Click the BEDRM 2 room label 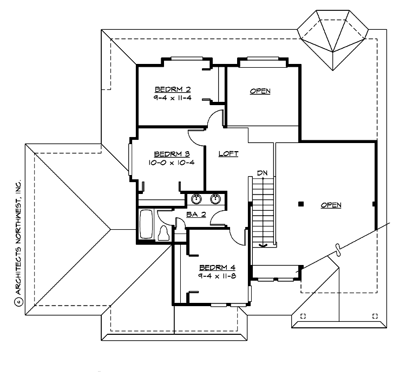172,89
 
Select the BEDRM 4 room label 217,267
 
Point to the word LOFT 228,154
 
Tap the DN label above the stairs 263,173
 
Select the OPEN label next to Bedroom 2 260,91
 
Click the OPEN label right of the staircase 331,205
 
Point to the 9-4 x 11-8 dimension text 217,276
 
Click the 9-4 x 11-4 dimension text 172,98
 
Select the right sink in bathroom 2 216,198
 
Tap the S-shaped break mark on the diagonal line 337,248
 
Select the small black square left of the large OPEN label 301,204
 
